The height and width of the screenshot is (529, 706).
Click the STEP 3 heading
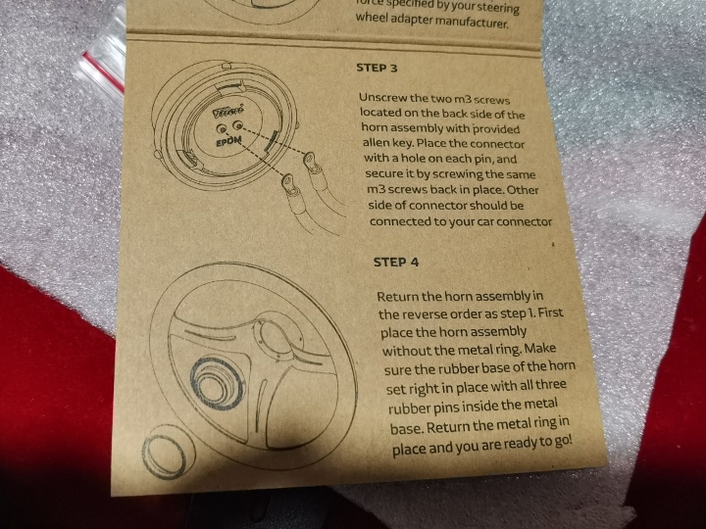point(377,68)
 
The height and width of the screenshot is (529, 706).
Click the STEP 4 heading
point(396,263)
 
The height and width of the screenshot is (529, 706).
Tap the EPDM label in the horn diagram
point(228,142)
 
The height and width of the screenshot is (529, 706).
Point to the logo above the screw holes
point(227,111)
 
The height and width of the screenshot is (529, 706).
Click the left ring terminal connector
point(289,187)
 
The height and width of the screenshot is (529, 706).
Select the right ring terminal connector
point(311,165)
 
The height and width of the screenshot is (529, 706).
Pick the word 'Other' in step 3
point(523,190)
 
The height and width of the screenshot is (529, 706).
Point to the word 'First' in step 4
point(550,312)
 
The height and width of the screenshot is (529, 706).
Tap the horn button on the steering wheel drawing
point(217,382)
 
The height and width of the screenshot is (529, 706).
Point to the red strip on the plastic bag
point(104,72)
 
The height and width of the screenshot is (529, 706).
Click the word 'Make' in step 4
point(540,348)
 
